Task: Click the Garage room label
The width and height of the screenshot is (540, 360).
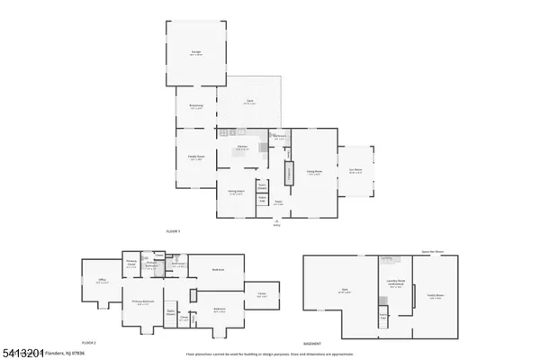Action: point(195,54)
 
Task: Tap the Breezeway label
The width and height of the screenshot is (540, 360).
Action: point(195,106)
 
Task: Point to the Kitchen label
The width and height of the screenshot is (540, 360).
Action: point(242,147)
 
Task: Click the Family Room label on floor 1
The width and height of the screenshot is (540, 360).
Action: point(194,157)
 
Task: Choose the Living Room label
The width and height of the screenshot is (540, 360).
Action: point(314,173)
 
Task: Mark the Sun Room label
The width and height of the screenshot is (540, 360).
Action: point(355,171)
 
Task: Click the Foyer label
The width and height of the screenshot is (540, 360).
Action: point(279,203)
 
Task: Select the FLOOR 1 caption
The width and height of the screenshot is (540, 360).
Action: point(174,231)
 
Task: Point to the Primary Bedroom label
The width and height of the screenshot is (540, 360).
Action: point(141,301)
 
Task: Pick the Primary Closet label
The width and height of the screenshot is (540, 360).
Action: point(131,262)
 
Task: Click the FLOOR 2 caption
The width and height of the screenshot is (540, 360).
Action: point(89,343)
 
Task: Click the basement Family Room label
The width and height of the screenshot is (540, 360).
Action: point(436,296)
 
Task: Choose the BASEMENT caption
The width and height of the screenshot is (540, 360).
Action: point(310,343)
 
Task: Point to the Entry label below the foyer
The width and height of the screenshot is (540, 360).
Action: point(277,222)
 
